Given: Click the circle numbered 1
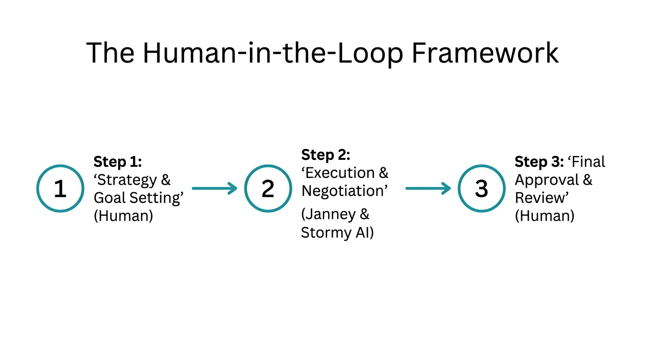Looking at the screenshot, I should click(60, 188).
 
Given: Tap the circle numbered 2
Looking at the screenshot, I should click(268, 188).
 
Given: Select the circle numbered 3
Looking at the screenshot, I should click(481, 188).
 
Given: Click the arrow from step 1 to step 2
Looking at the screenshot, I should click(215, 188).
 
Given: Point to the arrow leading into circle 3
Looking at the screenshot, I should click(427, 188).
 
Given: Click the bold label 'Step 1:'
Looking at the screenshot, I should click(118, 162).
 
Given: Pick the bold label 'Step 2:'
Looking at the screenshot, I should click(325, 155).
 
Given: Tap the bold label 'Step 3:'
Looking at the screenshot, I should click(539, 162).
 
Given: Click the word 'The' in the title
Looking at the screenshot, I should click(111, 52).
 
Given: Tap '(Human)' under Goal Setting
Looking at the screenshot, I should click(123, 216).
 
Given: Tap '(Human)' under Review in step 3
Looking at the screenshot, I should click(544, 216).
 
